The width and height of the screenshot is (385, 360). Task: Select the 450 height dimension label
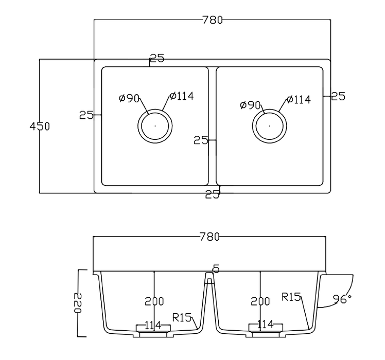click(40, 126)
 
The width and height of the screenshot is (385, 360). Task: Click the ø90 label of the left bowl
click(129, 98)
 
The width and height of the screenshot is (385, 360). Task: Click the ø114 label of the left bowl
click(181, 97)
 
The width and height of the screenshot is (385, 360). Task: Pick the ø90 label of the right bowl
click(250, 105)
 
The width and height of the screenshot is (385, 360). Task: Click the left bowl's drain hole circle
click(155, 125)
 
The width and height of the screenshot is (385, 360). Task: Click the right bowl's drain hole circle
click(270, 125)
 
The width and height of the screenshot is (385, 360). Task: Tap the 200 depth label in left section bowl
click(154, 301)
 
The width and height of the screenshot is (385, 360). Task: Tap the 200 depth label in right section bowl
click(260, 301)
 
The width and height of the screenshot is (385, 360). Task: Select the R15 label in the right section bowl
click(291, 296)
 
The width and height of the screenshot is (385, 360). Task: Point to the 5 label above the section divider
click(216, 268)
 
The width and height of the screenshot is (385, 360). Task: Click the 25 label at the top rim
click(157, 59)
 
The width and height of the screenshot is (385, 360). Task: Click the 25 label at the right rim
click(338, 96)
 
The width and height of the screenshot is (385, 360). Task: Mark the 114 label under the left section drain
click(153, 325)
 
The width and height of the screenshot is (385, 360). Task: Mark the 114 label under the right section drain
click(265, 325)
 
